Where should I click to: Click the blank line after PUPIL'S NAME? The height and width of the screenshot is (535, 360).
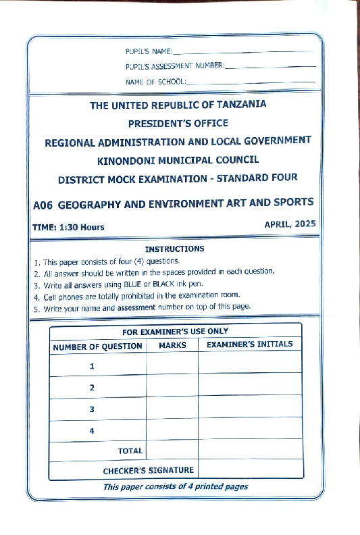[x=242, y=51]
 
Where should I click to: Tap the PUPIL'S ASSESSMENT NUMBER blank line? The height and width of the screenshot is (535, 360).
[x=269, y=66]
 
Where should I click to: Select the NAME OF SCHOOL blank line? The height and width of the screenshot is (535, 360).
[x=250, y=82]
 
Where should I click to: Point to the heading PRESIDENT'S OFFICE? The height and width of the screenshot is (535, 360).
[x=178, y=124]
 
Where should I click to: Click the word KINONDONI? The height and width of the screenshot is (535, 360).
[x=130, y=161]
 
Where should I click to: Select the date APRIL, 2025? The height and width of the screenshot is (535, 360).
[x=291, y=223]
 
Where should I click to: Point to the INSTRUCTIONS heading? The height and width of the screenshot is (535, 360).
[x=174, y=249]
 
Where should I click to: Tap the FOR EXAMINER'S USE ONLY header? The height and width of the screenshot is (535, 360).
[x=175, y=332]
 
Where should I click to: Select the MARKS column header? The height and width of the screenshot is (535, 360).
[x=172, y=345]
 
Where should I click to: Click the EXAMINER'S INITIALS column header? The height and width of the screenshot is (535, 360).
[x=249, y=345]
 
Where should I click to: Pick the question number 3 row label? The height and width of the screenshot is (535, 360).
[x=92, y=409]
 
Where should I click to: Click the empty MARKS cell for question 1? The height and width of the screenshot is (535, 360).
[x=172, y=365]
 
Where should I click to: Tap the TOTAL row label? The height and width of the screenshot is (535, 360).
[x=130, y=451]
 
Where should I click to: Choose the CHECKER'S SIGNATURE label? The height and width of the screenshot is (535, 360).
[x=148, y=470]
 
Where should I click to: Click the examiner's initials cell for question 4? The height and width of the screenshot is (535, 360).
[x=249, y=430]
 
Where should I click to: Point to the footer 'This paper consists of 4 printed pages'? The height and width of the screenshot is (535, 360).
[x=176, y=486]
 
